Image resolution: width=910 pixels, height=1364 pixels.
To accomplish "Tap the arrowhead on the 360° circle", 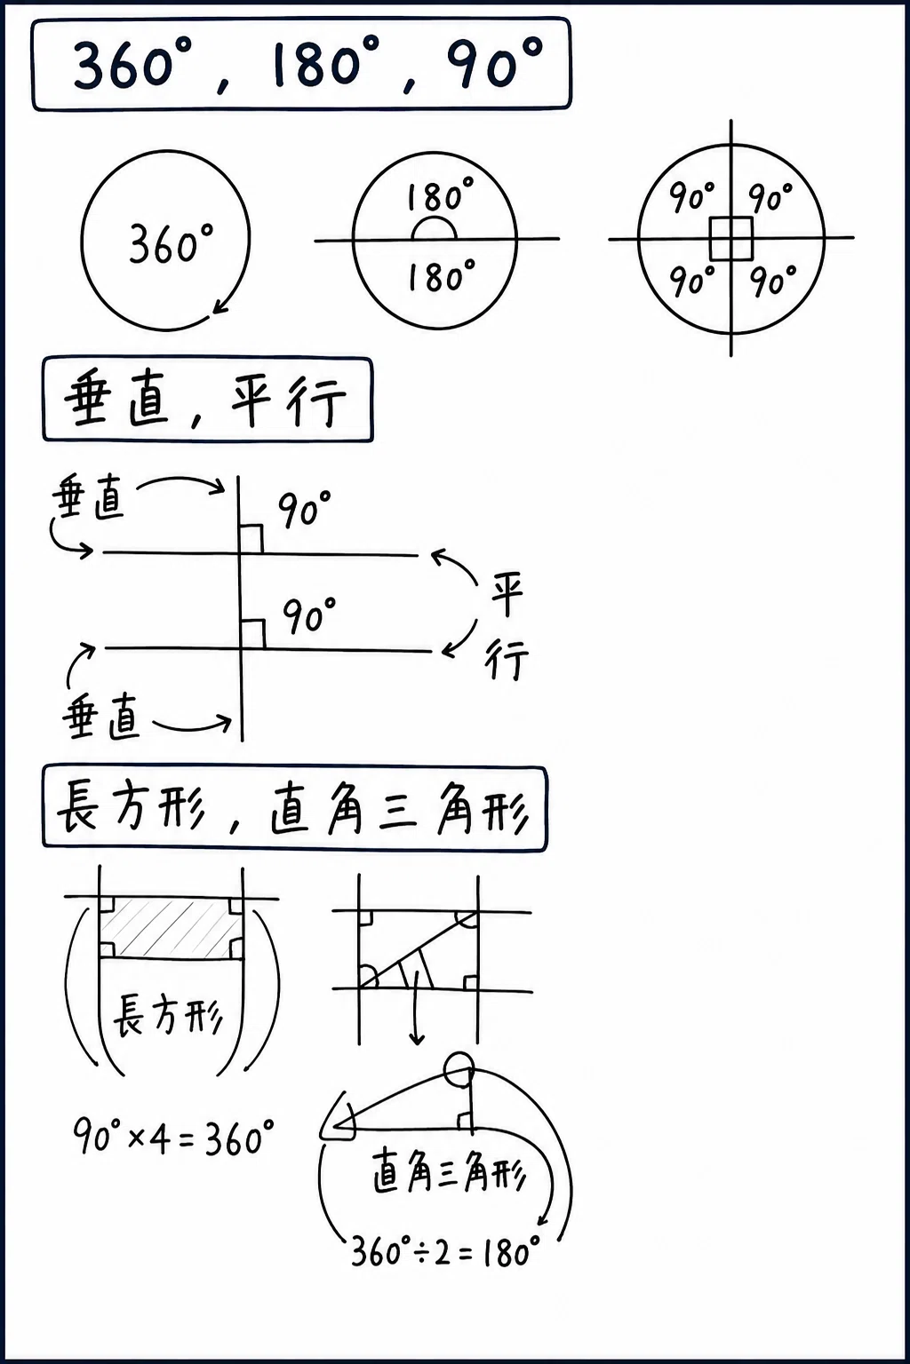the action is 220,306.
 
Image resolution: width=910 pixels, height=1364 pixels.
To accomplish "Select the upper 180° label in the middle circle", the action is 440,194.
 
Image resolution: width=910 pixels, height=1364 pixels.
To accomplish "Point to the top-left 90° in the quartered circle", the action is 691,196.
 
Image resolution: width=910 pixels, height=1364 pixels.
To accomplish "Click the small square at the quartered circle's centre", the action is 731,238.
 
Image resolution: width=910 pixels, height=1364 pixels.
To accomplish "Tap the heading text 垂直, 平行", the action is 206,400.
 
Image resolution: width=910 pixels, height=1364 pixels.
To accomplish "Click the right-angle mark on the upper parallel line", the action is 251,539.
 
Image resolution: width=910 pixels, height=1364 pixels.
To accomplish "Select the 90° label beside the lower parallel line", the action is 308,615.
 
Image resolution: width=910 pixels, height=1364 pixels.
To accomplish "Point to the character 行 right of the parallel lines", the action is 507,659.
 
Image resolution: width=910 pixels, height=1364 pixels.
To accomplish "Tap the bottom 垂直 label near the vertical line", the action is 101,716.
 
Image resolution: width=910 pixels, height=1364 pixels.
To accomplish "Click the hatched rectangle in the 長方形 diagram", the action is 171,928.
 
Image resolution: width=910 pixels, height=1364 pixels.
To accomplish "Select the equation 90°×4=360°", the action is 173,1137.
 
